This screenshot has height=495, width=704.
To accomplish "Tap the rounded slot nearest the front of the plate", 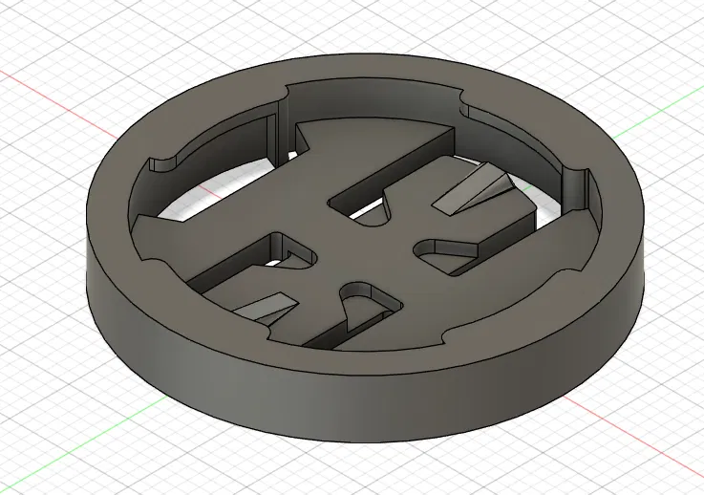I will point(364,305).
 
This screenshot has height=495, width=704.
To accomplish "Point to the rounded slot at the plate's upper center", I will point(374,212).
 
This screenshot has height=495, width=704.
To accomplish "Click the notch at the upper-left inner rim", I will point(165,161).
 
